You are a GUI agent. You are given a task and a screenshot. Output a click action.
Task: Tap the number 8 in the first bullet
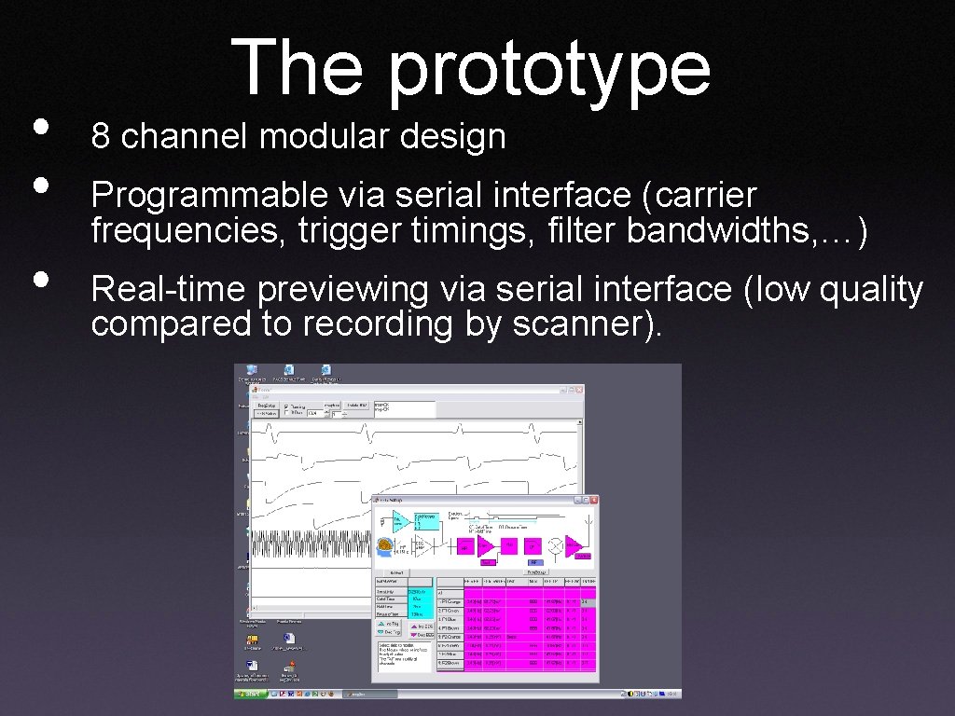pos(101,138)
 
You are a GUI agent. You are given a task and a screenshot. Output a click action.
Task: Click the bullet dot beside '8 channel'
pos(39,128)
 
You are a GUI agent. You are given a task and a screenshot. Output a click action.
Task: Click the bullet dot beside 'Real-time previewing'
pos(39,279)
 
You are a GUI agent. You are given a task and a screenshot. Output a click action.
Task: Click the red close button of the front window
pos(594,501)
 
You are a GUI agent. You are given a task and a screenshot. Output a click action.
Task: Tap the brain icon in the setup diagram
pos(384,544)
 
